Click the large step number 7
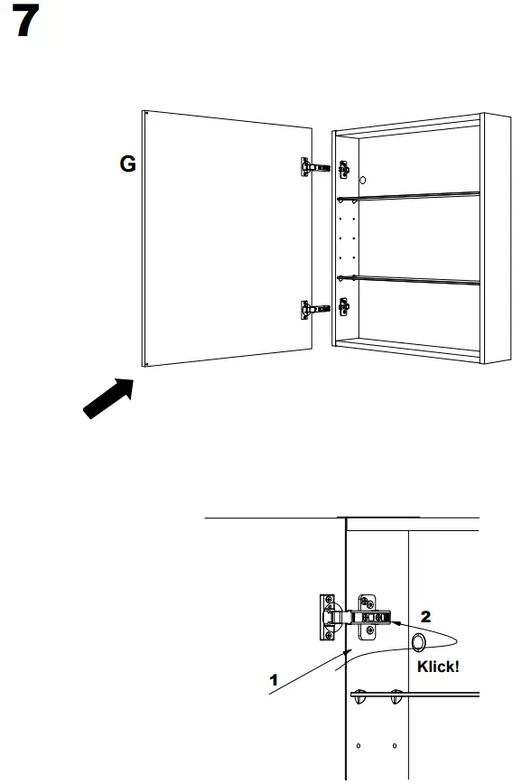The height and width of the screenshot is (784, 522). pos(25,21)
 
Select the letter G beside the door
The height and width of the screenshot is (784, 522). pos(127,163)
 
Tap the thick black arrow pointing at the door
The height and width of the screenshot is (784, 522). pos(108,398)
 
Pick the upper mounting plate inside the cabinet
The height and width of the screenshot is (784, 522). pos(344,170)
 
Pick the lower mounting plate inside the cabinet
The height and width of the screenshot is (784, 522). pos(344,306)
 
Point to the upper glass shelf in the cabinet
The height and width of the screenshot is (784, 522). pos(408,197)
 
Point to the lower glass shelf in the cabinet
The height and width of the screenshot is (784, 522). pos(408,280)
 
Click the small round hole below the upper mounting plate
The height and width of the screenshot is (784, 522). pos(363,180)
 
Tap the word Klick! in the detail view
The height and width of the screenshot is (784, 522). pos(438,667)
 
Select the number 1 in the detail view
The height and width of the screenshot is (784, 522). pos(274,680)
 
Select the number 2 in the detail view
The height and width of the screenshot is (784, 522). pos(425,617)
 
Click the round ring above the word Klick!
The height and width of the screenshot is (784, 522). pos(419,642)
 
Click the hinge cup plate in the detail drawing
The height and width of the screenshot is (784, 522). pos(327,618)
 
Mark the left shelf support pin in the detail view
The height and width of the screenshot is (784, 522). pos(360,696)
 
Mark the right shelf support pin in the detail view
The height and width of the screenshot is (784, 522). pos(396,696)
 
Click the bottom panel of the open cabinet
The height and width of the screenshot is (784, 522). pos(407,349)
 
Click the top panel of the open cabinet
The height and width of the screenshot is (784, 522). pos(407,126)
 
